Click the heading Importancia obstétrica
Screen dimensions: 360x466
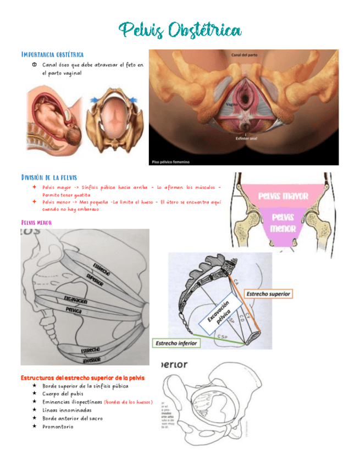52,54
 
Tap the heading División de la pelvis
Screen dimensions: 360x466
49,177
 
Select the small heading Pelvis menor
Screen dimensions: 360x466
36,223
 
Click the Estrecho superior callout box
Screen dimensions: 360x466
269,294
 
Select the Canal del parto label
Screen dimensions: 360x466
245,55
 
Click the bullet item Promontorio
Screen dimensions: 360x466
58,426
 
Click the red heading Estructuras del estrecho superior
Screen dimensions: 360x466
83,378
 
